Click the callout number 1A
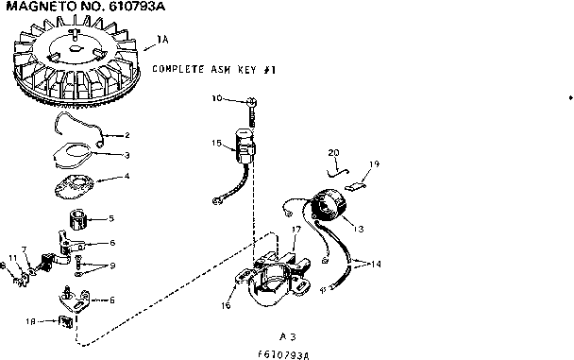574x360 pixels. pyautogui.click(x=161, y=41)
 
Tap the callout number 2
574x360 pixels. pyautogui.click(x=128, y=134)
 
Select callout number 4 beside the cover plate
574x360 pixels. pyautogui.click(x=128, y=176)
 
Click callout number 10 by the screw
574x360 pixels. pyautogui.click(x=216, y=98)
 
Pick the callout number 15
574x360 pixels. pyautogui.click(x=216, y=144)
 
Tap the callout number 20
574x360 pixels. pyautogui.click(x=333, y=152)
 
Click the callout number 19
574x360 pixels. pyautogui.click(x=374, y=164)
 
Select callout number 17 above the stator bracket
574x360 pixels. pyautogui.click(x=295, y=230)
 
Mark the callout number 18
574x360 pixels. pyautogui.click(x=32, y=321)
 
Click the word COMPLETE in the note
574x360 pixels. pyautogui.click(x=182, y=70)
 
